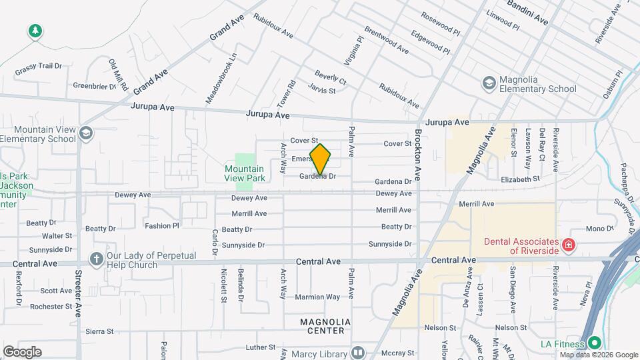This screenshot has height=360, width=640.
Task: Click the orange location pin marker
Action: (320, 159)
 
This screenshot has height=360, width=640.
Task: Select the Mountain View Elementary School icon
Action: (85, 133)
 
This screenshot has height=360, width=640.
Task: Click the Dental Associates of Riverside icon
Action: (568, 245)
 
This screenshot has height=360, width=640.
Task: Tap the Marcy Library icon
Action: (358, 353)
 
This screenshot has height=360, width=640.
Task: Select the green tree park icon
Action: (35, 31)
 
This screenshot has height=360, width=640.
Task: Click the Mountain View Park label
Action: (245, 173)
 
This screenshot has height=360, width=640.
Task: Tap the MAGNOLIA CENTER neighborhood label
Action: (322, 326)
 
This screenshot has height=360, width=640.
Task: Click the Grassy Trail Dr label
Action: (39, 66)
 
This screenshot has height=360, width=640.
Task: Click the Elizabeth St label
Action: (519, 179)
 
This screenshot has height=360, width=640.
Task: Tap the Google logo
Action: (22, 352)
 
